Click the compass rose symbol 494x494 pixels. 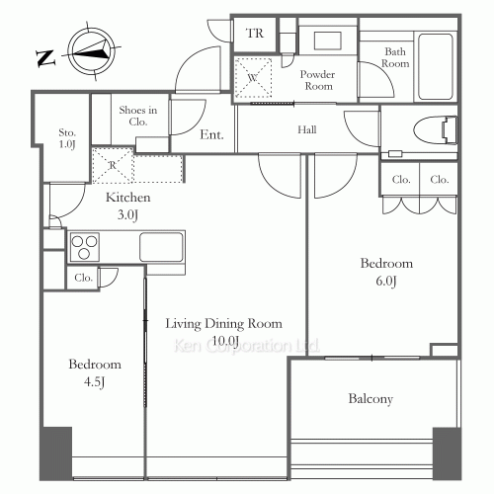pyautogui.click(x=92, y=51)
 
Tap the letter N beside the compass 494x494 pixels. pyautogui.click(x=45, y=58)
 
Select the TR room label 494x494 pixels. pyautogui.click(x=255, y=34)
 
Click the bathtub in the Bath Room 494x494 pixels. pyautogui.click(x=436, y=66)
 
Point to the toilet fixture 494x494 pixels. pyautogui.click(x=435, y=130)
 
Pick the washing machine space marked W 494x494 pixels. pyautogui.click(x=253, y=78)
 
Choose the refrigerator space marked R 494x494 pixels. pyautogui.click(x=113, y=165)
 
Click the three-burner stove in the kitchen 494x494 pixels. pyautogui.click(x=85, y=247)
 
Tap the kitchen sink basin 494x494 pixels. pyautogui.click(x=161, y=247)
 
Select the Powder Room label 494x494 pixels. pyautogui.click(x=317, y=80)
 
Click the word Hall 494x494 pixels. pyautogui.click(x=307, y=129)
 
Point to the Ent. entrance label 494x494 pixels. pyautogui.click(x=211, y=134)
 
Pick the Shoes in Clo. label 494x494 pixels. pyautogui.click(x=138, y=116)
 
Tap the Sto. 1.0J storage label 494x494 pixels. pyautogui.click(x=67, y=138)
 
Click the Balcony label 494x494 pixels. pyautogui.click(x=370, y=399)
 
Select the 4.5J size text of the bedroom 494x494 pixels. pyautogui.click(x=94, y=382)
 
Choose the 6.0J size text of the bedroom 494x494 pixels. pyautogui.click(x=386, y=281)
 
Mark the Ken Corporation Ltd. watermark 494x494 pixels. pyautogui.click(x=246, y=346)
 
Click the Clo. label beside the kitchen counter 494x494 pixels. pyautogui.click(x=83, y=278)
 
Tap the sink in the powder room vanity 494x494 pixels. pyautogui.click(x=328, y=41)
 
